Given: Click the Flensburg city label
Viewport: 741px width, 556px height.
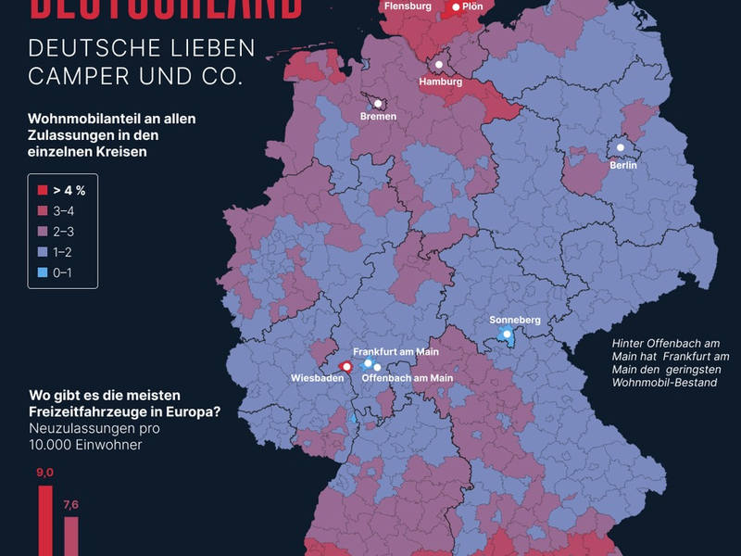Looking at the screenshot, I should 407,6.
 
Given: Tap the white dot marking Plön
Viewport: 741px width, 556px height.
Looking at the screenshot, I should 456,6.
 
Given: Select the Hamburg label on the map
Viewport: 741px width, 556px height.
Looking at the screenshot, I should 440,82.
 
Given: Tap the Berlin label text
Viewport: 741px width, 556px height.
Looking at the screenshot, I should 623,165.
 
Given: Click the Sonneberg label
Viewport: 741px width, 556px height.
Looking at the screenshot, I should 514,321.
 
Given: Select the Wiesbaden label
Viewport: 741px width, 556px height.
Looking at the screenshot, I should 318,378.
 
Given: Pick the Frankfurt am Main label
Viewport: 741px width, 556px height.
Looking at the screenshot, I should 396,352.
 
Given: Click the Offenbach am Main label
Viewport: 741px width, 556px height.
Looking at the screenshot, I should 407,378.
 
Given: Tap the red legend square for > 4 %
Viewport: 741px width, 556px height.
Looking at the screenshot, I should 43,190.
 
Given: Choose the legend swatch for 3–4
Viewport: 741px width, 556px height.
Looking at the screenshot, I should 43,210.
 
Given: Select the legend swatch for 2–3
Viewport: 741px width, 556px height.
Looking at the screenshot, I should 43,231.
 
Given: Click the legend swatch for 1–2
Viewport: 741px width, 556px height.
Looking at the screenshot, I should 43,251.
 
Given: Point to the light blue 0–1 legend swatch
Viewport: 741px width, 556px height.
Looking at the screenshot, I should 43,272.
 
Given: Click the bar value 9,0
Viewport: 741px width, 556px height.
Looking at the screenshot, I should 45,473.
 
